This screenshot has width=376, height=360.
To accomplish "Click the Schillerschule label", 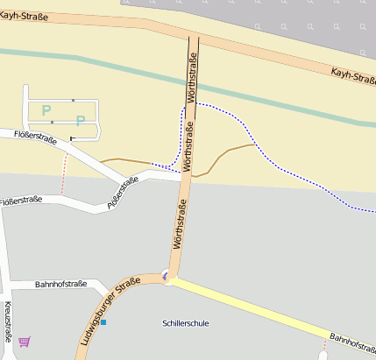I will coord(186,323).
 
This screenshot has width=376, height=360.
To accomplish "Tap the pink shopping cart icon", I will coord(24,341).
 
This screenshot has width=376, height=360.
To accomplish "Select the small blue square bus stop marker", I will coord(103,322).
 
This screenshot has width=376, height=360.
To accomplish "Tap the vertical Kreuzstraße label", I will coord(8,322).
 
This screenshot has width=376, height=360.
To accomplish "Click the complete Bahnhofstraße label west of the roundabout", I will coord(60,285).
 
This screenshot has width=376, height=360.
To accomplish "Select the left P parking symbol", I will coord(46,110).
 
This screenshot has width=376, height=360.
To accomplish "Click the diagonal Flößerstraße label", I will coord(124,193).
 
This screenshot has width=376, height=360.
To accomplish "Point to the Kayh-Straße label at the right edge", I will coord(352,77).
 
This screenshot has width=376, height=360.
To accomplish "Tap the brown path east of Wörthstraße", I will coord(228,154).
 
